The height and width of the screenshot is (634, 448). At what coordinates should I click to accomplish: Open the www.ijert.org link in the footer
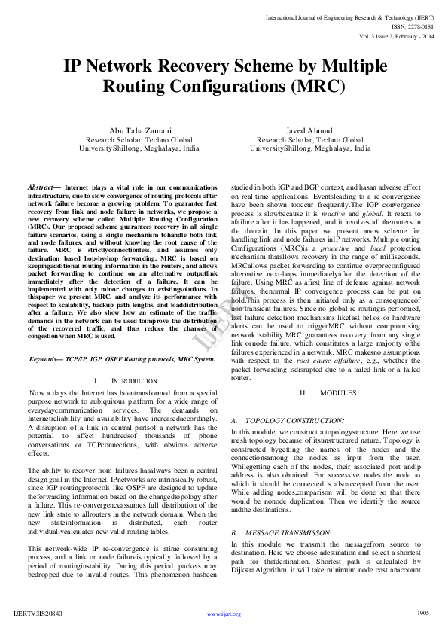[224, 614]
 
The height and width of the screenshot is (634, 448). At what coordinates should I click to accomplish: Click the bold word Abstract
[43, 186]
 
